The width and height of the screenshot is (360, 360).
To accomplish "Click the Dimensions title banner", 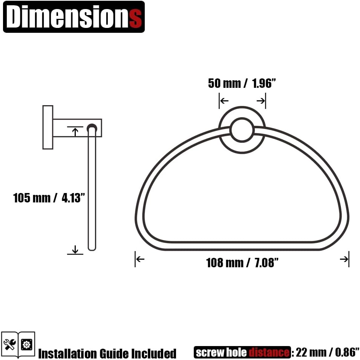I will coord(74,17).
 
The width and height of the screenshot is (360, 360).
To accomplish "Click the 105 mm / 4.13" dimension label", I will coord(47,198).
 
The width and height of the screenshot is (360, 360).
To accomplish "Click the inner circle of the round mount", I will coord(242,130).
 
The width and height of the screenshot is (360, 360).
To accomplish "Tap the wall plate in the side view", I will coord(47,127).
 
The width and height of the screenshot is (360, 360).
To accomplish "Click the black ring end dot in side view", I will coord(92,128).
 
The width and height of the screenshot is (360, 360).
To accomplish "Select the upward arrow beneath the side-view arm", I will coord(75,132).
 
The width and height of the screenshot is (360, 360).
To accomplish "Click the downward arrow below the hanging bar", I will coord(75,249).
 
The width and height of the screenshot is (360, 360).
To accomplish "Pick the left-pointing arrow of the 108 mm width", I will coord(140,259).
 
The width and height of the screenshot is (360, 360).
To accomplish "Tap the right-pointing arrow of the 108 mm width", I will coord(344,259).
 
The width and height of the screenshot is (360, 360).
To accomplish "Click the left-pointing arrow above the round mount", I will coord(224,101).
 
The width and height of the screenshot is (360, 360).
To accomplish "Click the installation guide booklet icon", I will coord(18,344).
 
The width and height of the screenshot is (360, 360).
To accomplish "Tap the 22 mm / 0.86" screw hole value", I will coord(326,352).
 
